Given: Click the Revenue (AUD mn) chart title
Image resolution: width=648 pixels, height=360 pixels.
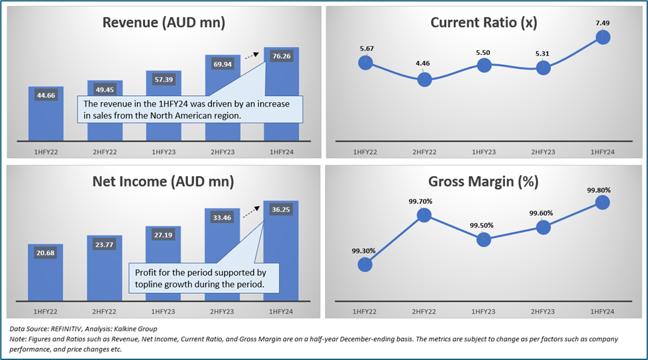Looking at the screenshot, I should point(163,22).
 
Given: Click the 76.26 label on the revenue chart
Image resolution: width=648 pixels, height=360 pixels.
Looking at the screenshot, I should point(281,56).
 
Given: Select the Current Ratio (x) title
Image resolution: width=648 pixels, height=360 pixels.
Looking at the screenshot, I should point(484,22).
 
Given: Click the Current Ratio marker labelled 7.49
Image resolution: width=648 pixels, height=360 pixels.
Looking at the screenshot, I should point(602,37).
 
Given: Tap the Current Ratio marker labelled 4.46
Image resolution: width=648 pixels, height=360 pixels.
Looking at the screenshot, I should point(425,79).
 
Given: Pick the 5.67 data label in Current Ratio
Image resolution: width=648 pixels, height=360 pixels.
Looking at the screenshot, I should point(365,48).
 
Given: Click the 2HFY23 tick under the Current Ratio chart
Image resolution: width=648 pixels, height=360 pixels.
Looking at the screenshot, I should point(543,152).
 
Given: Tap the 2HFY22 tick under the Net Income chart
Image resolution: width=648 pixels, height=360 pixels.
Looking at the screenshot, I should point(105,310).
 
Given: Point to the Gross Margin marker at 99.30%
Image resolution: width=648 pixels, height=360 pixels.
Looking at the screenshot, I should point(365,264).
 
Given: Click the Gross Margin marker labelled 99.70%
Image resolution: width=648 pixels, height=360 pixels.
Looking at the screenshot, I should point(425,214).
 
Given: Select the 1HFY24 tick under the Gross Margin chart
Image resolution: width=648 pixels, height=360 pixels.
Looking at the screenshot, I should point(602,310).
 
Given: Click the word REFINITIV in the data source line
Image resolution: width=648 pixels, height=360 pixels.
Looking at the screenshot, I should point(80,328).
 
